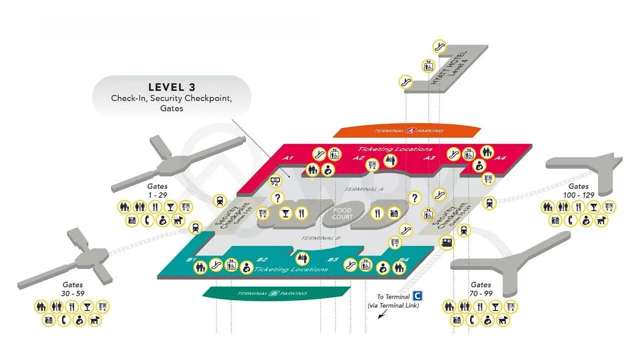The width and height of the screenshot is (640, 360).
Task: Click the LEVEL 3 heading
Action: click(171, 87)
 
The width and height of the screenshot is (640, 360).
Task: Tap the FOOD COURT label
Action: click(342, 213)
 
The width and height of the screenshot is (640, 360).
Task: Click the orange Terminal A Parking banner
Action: click(408, 131)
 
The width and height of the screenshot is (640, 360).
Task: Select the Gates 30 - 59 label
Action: click(72, 289)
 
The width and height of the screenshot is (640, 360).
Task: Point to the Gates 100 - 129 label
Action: click(579, 190)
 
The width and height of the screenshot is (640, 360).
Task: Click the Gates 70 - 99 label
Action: click(480, 289)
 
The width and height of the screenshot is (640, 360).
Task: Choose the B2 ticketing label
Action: click(262, 259)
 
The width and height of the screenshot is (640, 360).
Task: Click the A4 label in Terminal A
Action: click(500, 158)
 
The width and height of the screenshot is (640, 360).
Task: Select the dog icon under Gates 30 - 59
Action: click(94, 320)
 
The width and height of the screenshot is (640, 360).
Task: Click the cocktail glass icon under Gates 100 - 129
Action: click(594, 206)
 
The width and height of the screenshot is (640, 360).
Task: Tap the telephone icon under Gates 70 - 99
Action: click(471, 320)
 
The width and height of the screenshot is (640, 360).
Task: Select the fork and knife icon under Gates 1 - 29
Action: click(155, 206)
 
